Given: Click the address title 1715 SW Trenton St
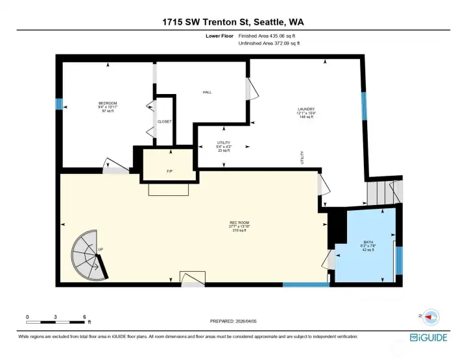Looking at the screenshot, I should tap(233, 22).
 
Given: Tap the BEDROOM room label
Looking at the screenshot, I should tap(108, 104).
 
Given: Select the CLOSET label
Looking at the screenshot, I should tap(164, 121).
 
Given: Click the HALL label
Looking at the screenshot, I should tap(207, 92).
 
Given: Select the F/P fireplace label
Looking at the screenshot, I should tap(169, 171).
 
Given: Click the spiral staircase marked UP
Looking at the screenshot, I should tap(89, 256).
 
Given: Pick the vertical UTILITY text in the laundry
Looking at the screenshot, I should tap(302, 157).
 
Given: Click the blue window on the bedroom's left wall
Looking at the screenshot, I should tap(58, 104).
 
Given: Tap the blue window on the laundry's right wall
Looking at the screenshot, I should tap(364, 106).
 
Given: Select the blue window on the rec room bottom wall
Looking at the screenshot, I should tap(305, 284).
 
